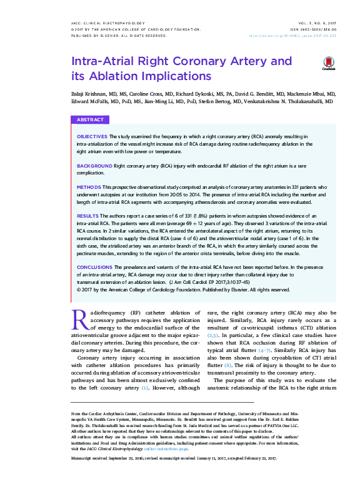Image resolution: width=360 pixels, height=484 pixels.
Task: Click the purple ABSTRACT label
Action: (x=90, y=119)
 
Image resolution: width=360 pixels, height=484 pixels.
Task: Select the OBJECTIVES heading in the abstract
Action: (x=92, y=136)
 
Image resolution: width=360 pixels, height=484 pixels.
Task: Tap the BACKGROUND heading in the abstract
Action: (x=94, y=165)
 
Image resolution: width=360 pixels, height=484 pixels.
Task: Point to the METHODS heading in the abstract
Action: (x=89, y=187)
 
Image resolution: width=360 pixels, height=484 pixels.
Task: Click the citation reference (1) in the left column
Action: (x=144, y=388)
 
